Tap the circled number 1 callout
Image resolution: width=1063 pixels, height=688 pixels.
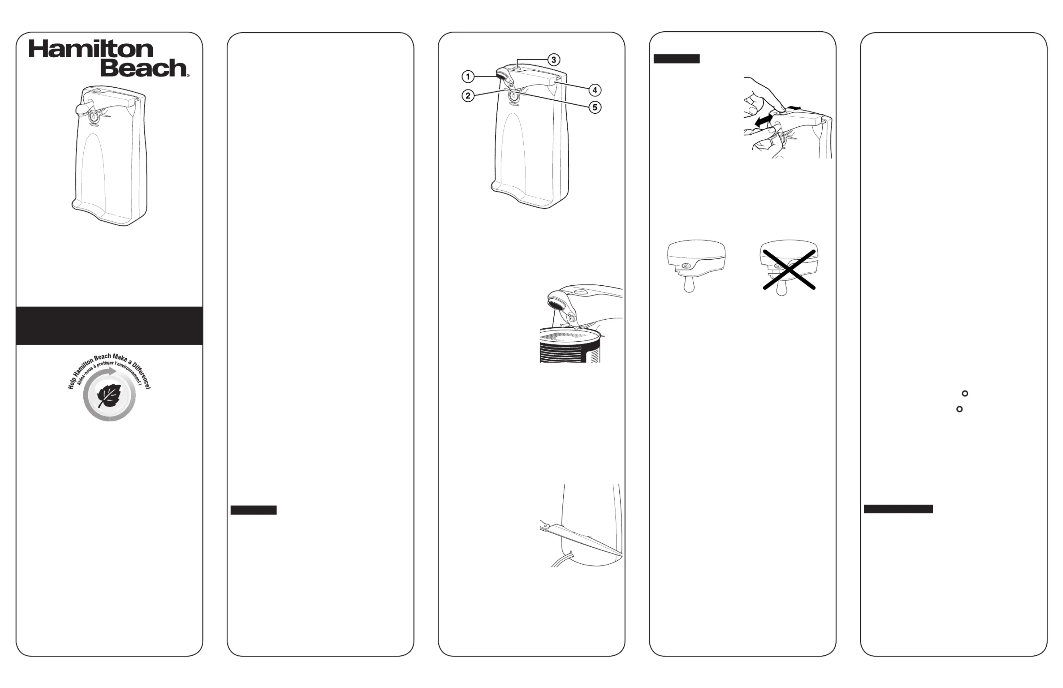coord(468,77)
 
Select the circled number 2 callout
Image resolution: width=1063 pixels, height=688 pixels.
coord(468,95)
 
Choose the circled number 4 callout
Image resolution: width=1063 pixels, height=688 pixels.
coord(594,90)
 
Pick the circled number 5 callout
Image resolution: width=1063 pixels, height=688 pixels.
coord(594,107)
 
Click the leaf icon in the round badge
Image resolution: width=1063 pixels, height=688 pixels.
coord(109,396)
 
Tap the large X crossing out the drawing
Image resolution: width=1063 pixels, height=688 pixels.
coord(789,269)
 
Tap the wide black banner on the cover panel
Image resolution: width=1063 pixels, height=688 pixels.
coord(109,326)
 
